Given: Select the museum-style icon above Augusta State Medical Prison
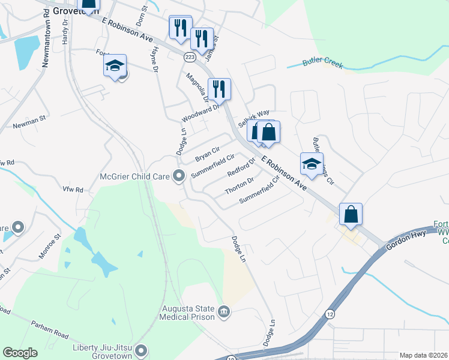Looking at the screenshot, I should [x=223, y=310].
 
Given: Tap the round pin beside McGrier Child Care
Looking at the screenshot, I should [x=178, y=176].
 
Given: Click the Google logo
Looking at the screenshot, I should [x=20, y=353].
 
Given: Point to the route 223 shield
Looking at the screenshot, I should [x=190, y=56].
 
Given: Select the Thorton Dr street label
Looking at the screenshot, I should [x=240, y=185].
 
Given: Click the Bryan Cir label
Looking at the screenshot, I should [x=208, y=154].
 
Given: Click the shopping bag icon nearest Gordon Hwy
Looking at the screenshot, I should [x=351, y=213].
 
